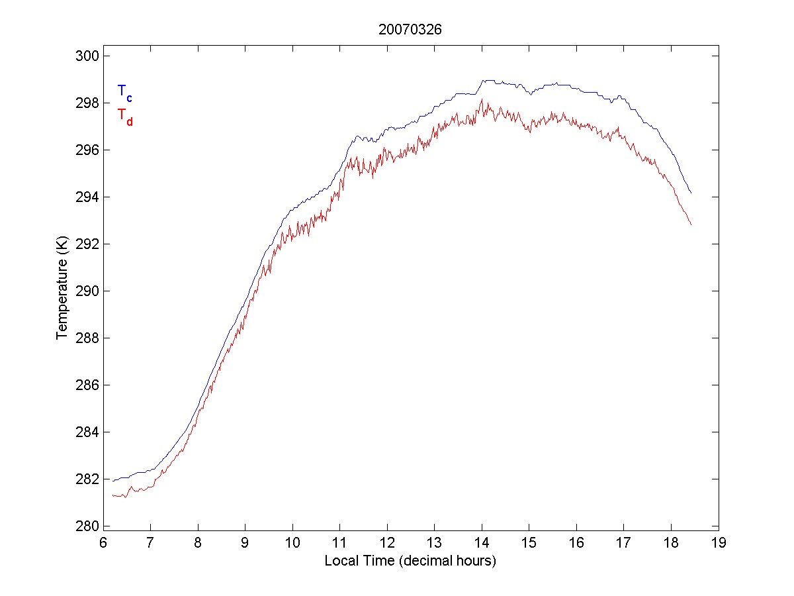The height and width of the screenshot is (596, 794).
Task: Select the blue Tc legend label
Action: (124, 93)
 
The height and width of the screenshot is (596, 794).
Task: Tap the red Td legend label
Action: (124, 116)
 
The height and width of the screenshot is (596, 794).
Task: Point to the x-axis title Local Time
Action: (410, 561)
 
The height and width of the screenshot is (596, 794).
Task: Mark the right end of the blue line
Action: (691, 193)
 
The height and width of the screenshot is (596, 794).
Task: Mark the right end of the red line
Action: (691, 225)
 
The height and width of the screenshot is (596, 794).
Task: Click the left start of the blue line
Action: (113, 481)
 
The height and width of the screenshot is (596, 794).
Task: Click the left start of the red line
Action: (113, 495)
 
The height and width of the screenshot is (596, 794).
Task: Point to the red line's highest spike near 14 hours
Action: (482, 100)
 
